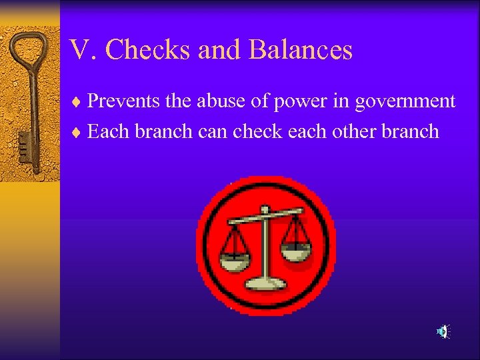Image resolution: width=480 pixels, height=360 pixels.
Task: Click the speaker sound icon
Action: click(x=443, y=331)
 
